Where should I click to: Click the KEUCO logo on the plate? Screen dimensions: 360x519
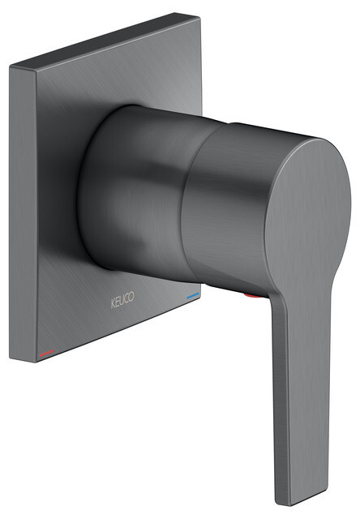click(122, 300)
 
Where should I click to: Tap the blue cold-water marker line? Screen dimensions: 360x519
click(193, 295)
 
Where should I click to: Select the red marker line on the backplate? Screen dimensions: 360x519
click(46, 353)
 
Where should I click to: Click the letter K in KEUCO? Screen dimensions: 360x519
click(113, 303)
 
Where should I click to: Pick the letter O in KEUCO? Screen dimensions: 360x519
click(131, 297)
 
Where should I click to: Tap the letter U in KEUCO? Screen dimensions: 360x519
click(122, 300)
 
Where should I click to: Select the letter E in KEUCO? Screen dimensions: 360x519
click(118, 302)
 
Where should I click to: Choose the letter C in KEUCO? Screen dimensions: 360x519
click(126, 298)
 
